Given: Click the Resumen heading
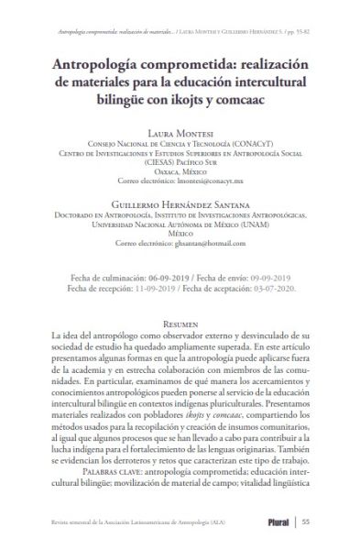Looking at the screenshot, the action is (x=180, y=324).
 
